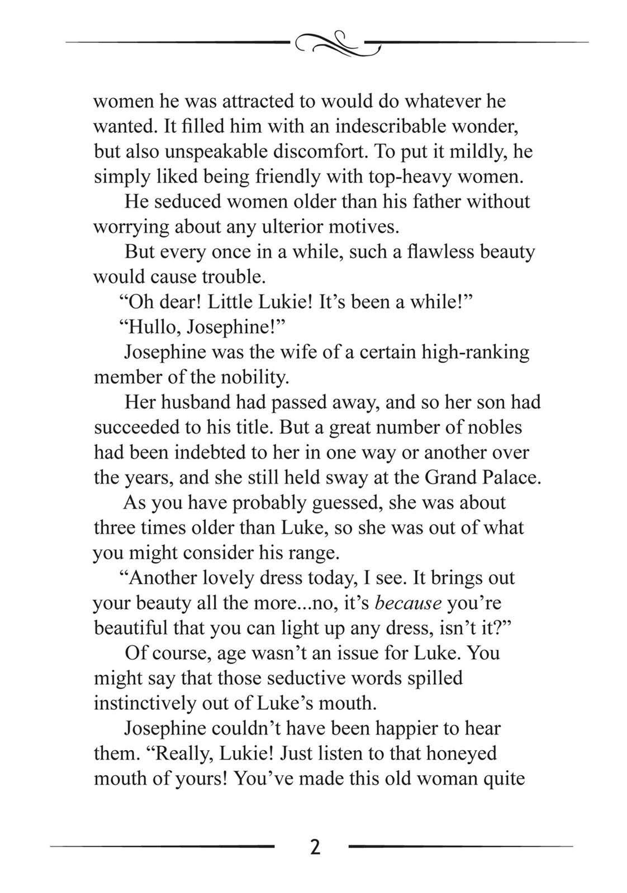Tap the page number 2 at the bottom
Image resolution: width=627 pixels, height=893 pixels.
[x=315, y=847]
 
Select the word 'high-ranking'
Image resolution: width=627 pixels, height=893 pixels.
[x=475, y=352]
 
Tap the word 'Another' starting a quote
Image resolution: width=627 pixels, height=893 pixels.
[x=162, y=578]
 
